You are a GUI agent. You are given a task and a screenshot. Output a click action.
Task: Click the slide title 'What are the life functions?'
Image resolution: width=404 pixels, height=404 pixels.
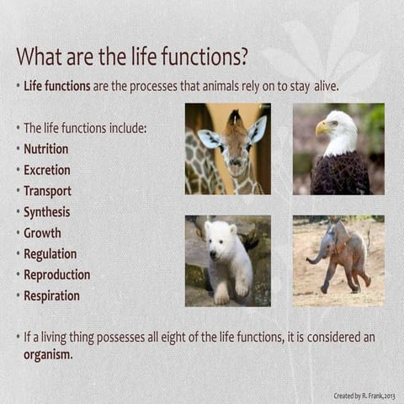coord(132,57)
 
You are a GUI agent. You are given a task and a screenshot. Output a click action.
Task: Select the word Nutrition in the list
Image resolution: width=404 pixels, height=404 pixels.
coord(46,149)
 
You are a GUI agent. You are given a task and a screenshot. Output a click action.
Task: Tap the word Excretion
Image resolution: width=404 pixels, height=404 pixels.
coord(46,170)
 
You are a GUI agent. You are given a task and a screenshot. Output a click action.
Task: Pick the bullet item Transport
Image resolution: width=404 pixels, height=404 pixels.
coord(47,191)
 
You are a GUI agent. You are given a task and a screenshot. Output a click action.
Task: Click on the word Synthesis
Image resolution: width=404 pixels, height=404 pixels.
coord(46,212)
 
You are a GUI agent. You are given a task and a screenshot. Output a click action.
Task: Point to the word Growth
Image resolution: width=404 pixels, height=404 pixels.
coord(42,233)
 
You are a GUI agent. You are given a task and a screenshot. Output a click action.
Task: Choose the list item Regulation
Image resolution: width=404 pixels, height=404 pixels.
coord(50,254)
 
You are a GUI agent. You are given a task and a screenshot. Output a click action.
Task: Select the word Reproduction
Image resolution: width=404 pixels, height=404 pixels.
coord(56,275)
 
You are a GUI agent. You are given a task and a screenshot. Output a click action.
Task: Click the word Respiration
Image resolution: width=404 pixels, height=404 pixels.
coord(51,296)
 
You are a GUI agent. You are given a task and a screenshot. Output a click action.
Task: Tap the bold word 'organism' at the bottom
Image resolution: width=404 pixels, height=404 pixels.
coord(47,354)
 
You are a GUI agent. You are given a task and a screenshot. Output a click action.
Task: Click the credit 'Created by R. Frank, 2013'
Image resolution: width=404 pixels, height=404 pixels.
coord(364,395)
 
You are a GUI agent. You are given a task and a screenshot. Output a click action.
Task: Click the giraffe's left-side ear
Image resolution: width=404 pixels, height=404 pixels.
coord(208,137)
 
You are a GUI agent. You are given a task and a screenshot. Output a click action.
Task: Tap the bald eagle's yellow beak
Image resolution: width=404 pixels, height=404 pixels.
coord(322,128)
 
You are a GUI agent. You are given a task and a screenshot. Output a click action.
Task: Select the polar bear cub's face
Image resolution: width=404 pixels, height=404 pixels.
coord(221,239)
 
